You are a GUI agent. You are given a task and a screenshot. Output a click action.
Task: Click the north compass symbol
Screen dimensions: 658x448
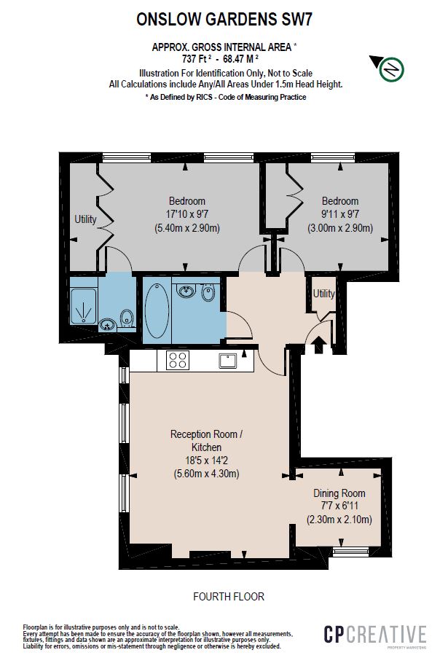tap(390, 69)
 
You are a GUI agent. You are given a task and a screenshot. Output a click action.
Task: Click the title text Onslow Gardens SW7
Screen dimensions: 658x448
tap(224, 21)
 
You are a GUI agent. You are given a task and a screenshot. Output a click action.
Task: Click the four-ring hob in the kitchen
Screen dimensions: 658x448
tap(178, 359)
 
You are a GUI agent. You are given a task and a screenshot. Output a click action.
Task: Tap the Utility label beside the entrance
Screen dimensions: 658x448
tap(323, 294)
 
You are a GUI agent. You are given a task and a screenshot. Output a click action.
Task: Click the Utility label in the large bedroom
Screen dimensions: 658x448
tap(85, 219)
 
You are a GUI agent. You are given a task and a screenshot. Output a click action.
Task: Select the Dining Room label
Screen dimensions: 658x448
tap(339, 493)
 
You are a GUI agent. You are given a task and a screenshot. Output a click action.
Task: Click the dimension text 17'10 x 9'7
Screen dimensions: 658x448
tap(187, 214)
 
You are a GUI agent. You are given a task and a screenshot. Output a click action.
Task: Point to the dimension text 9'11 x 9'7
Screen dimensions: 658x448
tap(340, 214)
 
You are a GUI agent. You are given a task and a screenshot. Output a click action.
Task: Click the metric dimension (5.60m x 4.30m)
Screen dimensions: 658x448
tap(206, 474)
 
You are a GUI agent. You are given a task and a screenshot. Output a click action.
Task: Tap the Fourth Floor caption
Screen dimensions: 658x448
tap(228, 597)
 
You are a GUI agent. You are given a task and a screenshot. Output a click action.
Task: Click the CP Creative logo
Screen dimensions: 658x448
tap(374, 635)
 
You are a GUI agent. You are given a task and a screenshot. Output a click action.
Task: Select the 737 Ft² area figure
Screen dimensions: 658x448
tap(198, 58)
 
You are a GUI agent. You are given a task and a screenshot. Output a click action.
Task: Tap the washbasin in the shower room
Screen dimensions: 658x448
tap(108, 324)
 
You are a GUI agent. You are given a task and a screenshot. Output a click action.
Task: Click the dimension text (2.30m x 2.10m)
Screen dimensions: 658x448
tap(339, 520)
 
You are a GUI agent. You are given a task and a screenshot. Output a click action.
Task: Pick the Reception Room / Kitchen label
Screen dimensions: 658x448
tap(206, 440)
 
